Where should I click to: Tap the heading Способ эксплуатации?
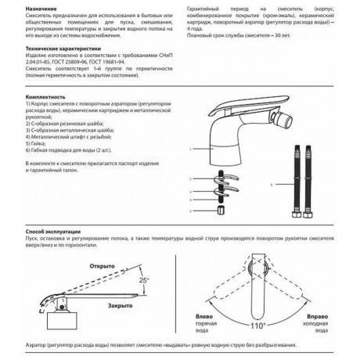[36, 232]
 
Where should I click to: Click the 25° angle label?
[143, 279]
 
